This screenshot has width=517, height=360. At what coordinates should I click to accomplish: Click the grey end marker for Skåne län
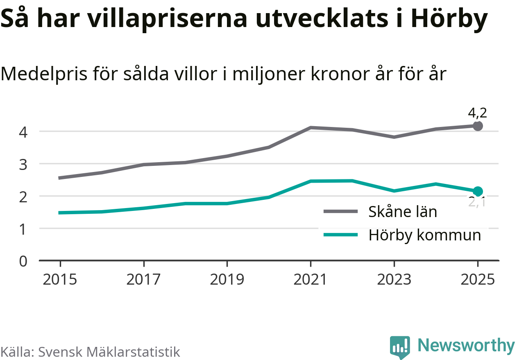pyautogui.click(x=478, y=126)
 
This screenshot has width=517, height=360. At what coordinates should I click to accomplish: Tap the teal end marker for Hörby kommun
pyautogui.click(x=478, y=191)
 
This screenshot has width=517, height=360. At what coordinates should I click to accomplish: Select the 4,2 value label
pyautogui.click(x=477, y=113)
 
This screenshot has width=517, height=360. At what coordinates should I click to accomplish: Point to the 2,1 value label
pyautogui.click(x=477, y=202)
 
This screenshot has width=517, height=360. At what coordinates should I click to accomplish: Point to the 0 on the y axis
pyautogui.click(x=23, y=261)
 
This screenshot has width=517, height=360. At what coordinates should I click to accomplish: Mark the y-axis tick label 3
pyautogui.click(x=23, y=164)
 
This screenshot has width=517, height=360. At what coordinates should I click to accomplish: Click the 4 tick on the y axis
pyautogui.click(x=23, y=132)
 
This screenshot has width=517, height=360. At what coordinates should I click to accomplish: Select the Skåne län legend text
pyautogui.click(x=403, y=212)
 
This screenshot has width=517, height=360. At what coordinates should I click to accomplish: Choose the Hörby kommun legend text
pyautogui.click(x=425, y=235)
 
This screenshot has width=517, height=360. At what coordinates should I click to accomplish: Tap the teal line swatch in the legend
pyautogui.click(x=340, y=235)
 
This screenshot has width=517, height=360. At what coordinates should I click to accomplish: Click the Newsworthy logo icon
pyautogui.click(x=399, y=347)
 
